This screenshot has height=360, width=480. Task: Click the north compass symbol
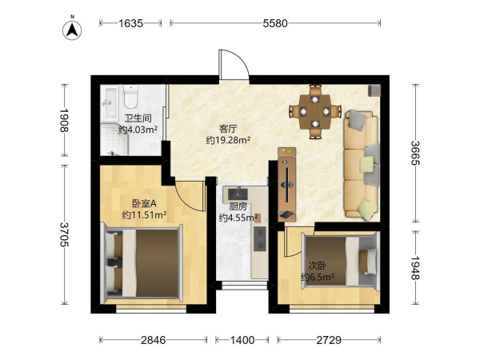pos(72,30)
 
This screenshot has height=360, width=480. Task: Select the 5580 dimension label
pos(275,23)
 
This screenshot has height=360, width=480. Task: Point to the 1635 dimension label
pos(130,23)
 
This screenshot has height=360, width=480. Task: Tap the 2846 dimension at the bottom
pos(154,340)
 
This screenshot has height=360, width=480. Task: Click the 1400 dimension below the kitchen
pos(242,340)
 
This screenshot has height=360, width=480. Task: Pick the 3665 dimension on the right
pos(415,153)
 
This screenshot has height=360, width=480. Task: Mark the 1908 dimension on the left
pos(64,120)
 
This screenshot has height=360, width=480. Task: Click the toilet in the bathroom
pos(131,96)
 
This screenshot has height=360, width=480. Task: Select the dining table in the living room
pos(315,112)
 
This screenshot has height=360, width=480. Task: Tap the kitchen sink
pos(238,194)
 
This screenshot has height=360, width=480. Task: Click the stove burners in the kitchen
pos(261,238)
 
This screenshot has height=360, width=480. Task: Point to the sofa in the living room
pos(362,166)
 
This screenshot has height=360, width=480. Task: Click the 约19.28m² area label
pos(228,141)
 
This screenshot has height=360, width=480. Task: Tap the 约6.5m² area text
pos(318,277)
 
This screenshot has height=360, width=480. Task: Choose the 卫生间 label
pos(138,118)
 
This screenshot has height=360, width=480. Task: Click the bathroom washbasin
pos(109,102)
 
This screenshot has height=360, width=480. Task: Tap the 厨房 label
pos(238,206)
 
